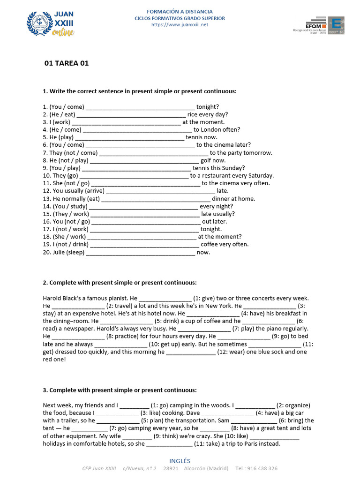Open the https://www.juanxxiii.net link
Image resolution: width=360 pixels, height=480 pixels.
pyautogui.click(x=180, y=25)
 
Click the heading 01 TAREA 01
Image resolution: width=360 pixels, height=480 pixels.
pyautogui.click(x=66, y=63)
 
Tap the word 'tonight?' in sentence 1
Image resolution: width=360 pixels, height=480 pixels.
pyautogui.click(x=208, y=107)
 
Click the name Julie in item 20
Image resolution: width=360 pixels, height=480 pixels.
pyautogui.click(x=60, y=252)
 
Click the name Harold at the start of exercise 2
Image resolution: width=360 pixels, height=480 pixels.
pyautogui.click(x=52, y=298)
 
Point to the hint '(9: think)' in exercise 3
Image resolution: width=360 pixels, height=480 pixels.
pyautogui.click(x=169, y=436)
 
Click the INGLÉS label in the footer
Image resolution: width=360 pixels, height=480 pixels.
pyautogui.click(x=180, y=461)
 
